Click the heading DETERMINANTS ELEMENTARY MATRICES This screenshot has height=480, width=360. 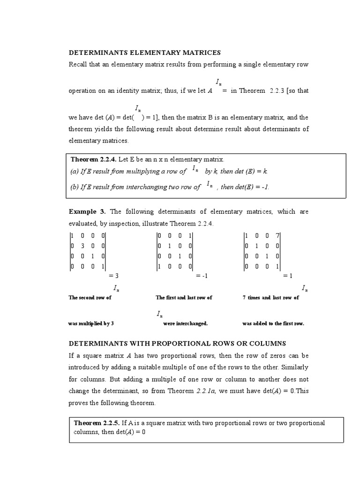[144, 52]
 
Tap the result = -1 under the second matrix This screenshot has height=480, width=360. [201, 276]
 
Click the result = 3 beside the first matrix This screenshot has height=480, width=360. [114, 276]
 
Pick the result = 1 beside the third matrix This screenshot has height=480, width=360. [288, 276]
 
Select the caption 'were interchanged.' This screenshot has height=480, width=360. [185, 323]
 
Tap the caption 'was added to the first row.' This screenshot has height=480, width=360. [273, 323]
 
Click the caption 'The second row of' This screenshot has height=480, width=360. [90, 298]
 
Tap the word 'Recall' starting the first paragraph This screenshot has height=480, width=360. [78, 64]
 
